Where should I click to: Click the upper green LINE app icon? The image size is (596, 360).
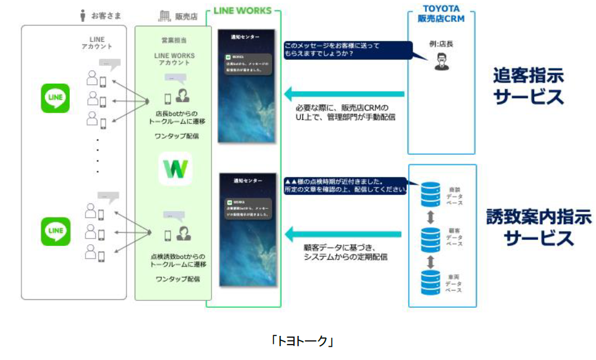[x=56, y=98]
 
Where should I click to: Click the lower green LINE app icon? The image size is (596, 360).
[x=56, y=231]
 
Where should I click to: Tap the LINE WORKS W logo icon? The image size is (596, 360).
[x=175, y=169]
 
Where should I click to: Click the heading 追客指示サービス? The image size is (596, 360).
[x=528, y=86]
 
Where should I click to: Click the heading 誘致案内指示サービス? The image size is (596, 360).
[x=531, y=227]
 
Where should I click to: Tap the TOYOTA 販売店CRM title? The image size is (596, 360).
[x=441, y=14]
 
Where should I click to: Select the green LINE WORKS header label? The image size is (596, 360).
[x=243, y=10]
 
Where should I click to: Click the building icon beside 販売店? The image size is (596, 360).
[x=164, y=16]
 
